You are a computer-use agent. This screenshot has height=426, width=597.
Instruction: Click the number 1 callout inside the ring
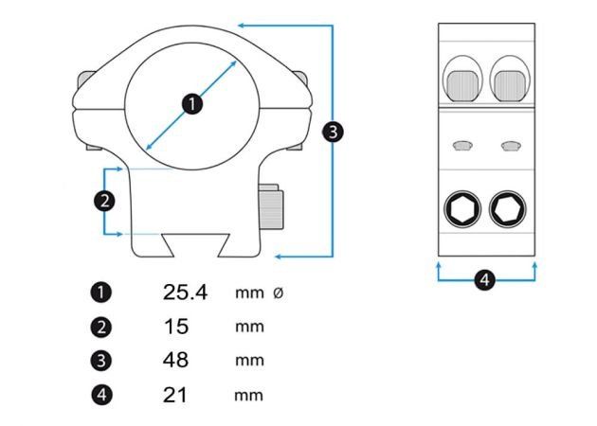tap(191, 103)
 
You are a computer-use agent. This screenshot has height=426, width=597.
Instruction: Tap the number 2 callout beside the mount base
tap(104, 200)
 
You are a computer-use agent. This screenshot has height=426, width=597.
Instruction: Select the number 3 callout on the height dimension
tap(333, 132)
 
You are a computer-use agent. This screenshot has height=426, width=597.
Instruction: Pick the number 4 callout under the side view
tap(484, 280)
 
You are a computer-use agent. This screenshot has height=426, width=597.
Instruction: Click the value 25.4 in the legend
tap(185, 293)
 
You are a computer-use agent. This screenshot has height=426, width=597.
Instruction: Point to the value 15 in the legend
tap(176, 327)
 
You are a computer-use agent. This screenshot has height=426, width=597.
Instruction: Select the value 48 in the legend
tap(176, 361)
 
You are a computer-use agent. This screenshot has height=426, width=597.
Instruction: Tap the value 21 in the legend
tap(176, 395)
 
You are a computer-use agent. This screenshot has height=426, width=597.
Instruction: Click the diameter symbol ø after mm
tap(278, 293)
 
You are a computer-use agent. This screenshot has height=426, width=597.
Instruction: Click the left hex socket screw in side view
tap(461, 208)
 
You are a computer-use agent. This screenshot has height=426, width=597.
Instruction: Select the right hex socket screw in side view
tap(509, 208)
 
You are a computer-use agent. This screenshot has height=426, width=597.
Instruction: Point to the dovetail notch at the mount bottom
tap(193, 245)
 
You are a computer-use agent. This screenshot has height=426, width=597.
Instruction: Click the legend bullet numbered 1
tap(103, 293)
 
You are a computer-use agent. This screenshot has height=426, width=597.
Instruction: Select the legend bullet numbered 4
tap(103, 395)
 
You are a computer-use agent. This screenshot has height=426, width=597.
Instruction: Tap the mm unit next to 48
tap(249, 361)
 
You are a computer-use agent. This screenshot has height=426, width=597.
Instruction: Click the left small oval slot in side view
tap(462, 145)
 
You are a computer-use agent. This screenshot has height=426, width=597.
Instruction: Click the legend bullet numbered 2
tap(103, 327)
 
